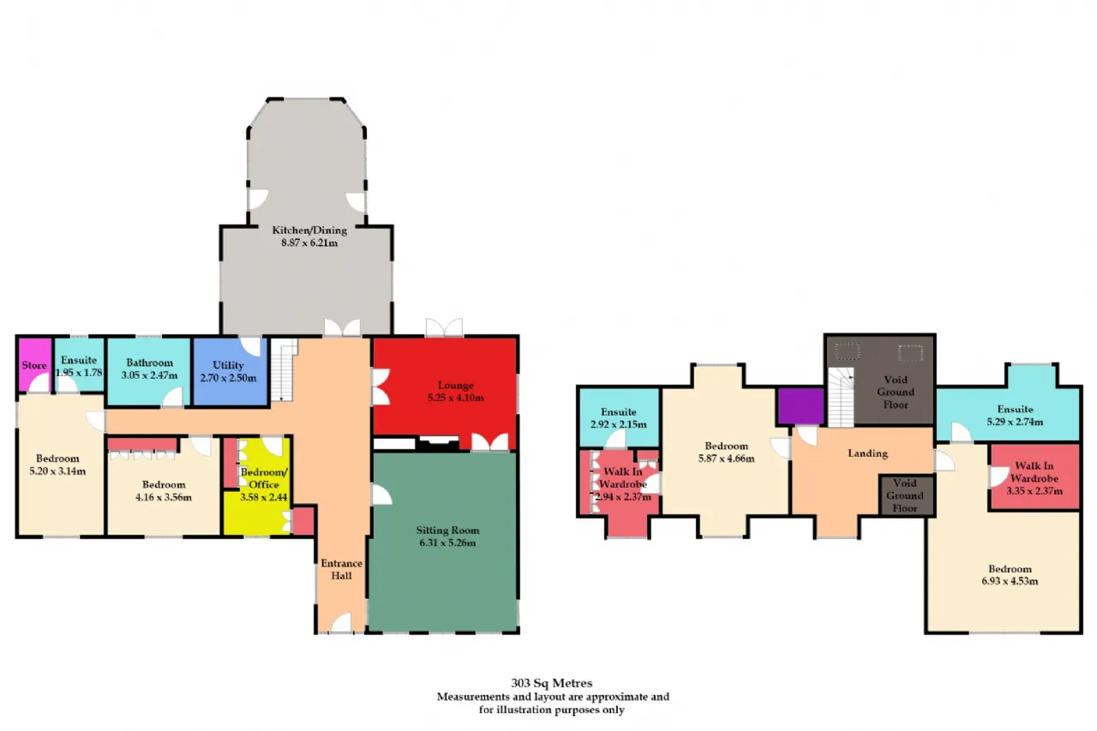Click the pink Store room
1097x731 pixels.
(35, 365)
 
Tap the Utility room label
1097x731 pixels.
(228, 371)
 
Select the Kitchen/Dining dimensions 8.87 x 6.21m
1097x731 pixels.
(309, 243)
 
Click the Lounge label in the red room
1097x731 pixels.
(455, 385)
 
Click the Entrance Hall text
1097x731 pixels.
(341, 569)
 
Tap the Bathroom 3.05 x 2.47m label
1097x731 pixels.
(149, 368)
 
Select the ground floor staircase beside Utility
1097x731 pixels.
(284, 369)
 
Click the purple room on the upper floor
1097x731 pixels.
(801, 406)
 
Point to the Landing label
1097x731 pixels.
(868, 453)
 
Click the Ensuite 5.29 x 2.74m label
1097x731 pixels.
(1015, 415)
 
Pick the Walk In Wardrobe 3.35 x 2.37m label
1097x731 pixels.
(1034, 478)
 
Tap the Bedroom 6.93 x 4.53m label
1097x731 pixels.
(1010, 575)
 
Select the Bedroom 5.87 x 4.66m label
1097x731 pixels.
(726, 452)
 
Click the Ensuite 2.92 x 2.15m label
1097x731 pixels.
(619, 417)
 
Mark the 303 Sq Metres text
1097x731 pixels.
(552, 683)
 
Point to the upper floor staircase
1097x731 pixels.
(841, 397)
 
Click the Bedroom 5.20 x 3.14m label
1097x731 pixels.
(57, 464)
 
